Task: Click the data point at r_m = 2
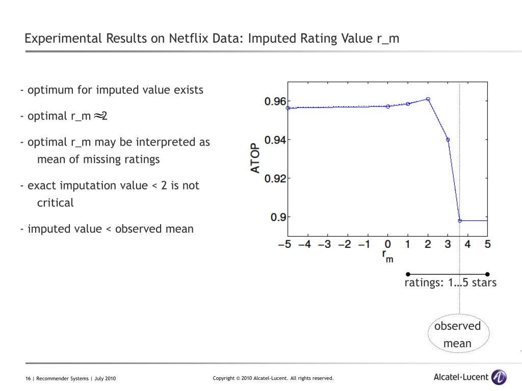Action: tap(428, 99)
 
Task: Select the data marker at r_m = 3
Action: tap(448, 139)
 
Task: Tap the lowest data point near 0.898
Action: tap(460, 220)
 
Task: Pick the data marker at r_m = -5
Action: tap(288, 108)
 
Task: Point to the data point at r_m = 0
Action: tap(388, 106)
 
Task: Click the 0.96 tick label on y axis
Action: tap(275, 101)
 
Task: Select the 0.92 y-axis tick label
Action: tap(275, 179)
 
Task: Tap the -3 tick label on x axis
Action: tap(324, 244)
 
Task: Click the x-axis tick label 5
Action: tap(487, 244)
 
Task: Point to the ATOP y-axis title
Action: tap(255, 159)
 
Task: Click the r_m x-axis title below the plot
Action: tap(388, 256)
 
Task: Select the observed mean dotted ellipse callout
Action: tap(458, 334)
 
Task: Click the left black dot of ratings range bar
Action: tap(408, 274)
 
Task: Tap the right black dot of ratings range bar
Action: tap(487, 274)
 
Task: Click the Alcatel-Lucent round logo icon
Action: tap(499, 377)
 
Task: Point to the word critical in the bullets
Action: tap(55, 203)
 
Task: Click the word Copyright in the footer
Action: tap(223, 378)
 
